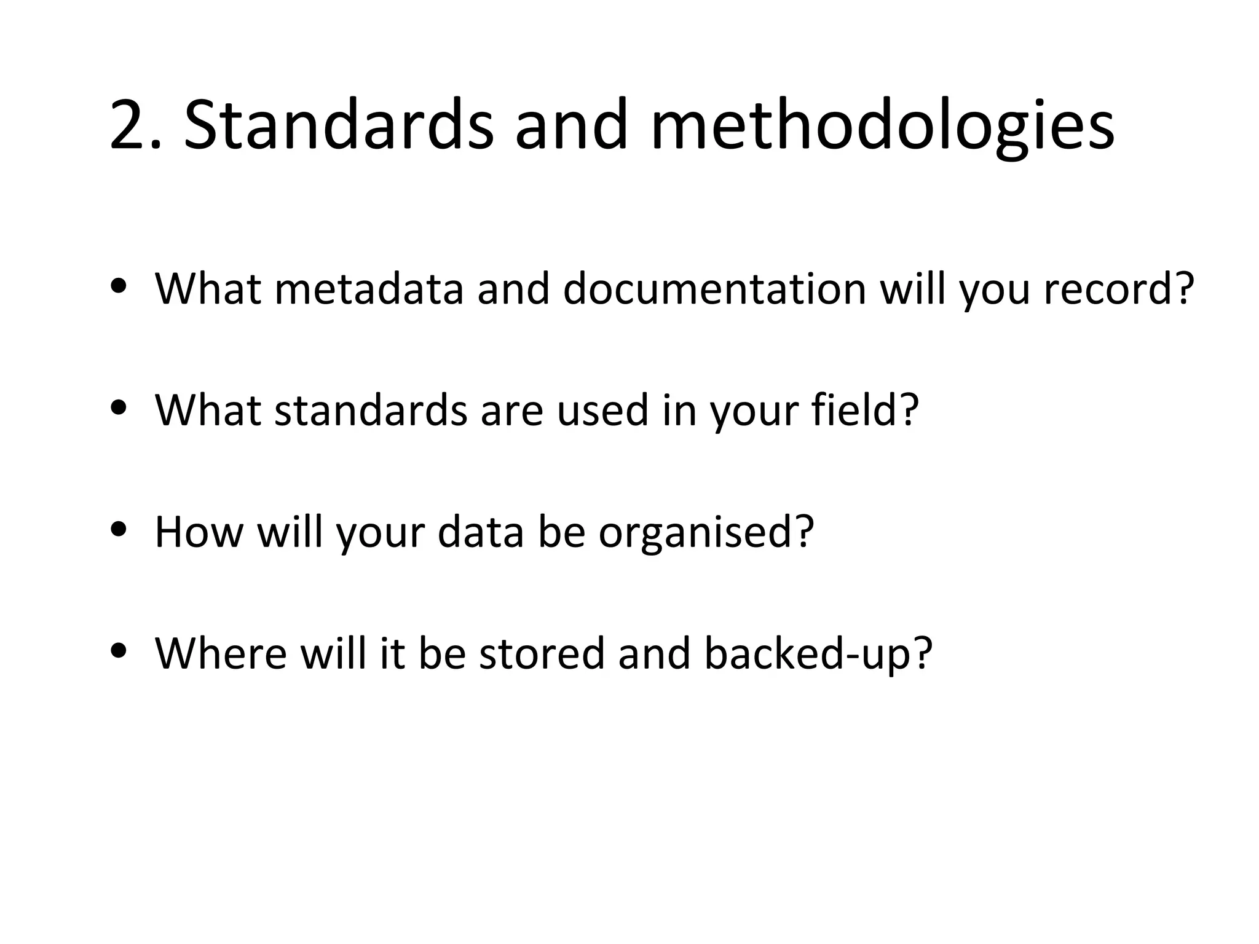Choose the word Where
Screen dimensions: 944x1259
221,653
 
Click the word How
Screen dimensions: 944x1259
199,531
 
